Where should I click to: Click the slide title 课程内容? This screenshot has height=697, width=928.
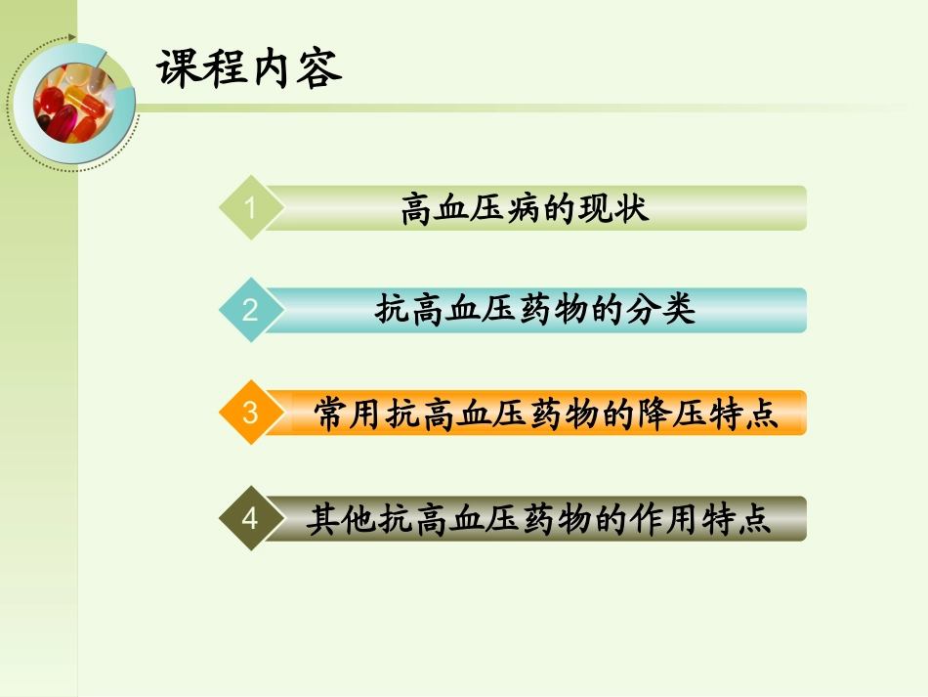click(250, 69)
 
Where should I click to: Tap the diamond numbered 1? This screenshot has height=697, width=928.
click(251, 208)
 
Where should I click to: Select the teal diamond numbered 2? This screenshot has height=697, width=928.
click(251, 311)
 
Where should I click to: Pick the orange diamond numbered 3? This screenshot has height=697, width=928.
click(251, 413)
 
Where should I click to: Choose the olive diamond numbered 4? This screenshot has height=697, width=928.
click(251, 518)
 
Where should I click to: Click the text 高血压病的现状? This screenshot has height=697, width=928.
click(525, 209)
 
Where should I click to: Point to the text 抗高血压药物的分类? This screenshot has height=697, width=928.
click(534, 311)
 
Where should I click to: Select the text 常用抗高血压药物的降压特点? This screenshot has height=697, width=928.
click(546, 414)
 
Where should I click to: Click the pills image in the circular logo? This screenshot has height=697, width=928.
click(71, 101)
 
